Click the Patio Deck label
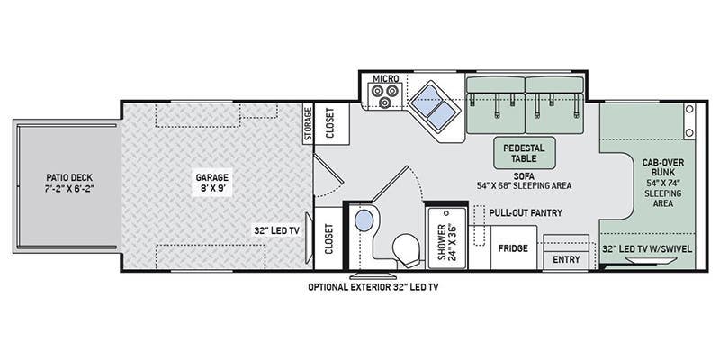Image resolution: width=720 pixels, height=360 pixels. point(69,183)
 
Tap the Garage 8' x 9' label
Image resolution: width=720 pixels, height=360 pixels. point(211,183)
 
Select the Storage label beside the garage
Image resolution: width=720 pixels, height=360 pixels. point(309,122)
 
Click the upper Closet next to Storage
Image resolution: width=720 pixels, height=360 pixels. point(330,123)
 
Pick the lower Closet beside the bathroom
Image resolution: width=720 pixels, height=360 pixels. point(328,238)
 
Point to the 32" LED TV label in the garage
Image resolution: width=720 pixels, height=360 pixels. point(276,231)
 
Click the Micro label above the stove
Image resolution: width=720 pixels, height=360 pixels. point(386,79)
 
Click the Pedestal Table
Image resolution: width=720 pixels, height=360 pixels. point(524,153)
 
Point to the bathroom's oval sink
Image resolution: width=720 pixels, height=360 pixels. point(364,220)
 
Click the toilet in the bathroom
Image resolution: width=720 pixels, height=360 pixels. point(407,250)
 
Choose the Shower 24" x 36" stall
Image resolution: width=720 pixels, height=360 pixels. point(445,238)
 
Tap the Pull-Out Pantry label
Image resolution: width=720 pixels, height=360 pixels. point(526,213)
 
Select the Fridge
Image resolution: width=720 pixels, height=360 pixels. point(513,248)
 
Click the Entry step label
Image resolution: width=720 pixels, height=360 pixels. point(566,260)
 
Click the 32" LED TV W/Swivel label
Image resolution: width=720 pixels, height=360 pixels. point(646,248)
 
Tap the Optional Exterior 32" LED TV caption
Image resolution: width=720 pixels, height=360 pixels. point(373,287)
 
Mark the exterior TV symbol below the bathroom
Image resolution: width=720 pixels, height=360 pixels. point(372,275)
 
